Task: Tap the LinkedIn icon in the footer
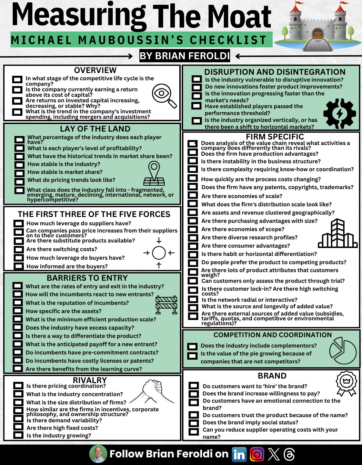click(239, 454)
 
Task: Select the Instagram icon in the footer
click(257, 454)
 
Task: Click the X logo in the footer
click(274, 454)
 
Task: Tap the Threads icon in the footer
click(289, 454)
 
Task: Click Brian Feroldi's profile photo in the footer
click(98, 454)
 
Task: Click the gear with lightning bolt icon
click(340, 114)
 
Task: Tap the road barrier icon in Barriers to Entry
click(166, 304)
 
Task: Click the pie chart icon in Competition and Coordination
click(342, 351)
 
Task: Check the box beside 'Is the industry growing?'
click(18, 435)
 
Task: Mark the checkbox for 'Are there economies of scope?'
click(193, 229)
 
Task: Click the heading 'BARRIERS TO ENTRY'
click(87, 278)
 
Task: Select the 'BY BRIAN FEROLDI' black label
click(184, 56)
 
